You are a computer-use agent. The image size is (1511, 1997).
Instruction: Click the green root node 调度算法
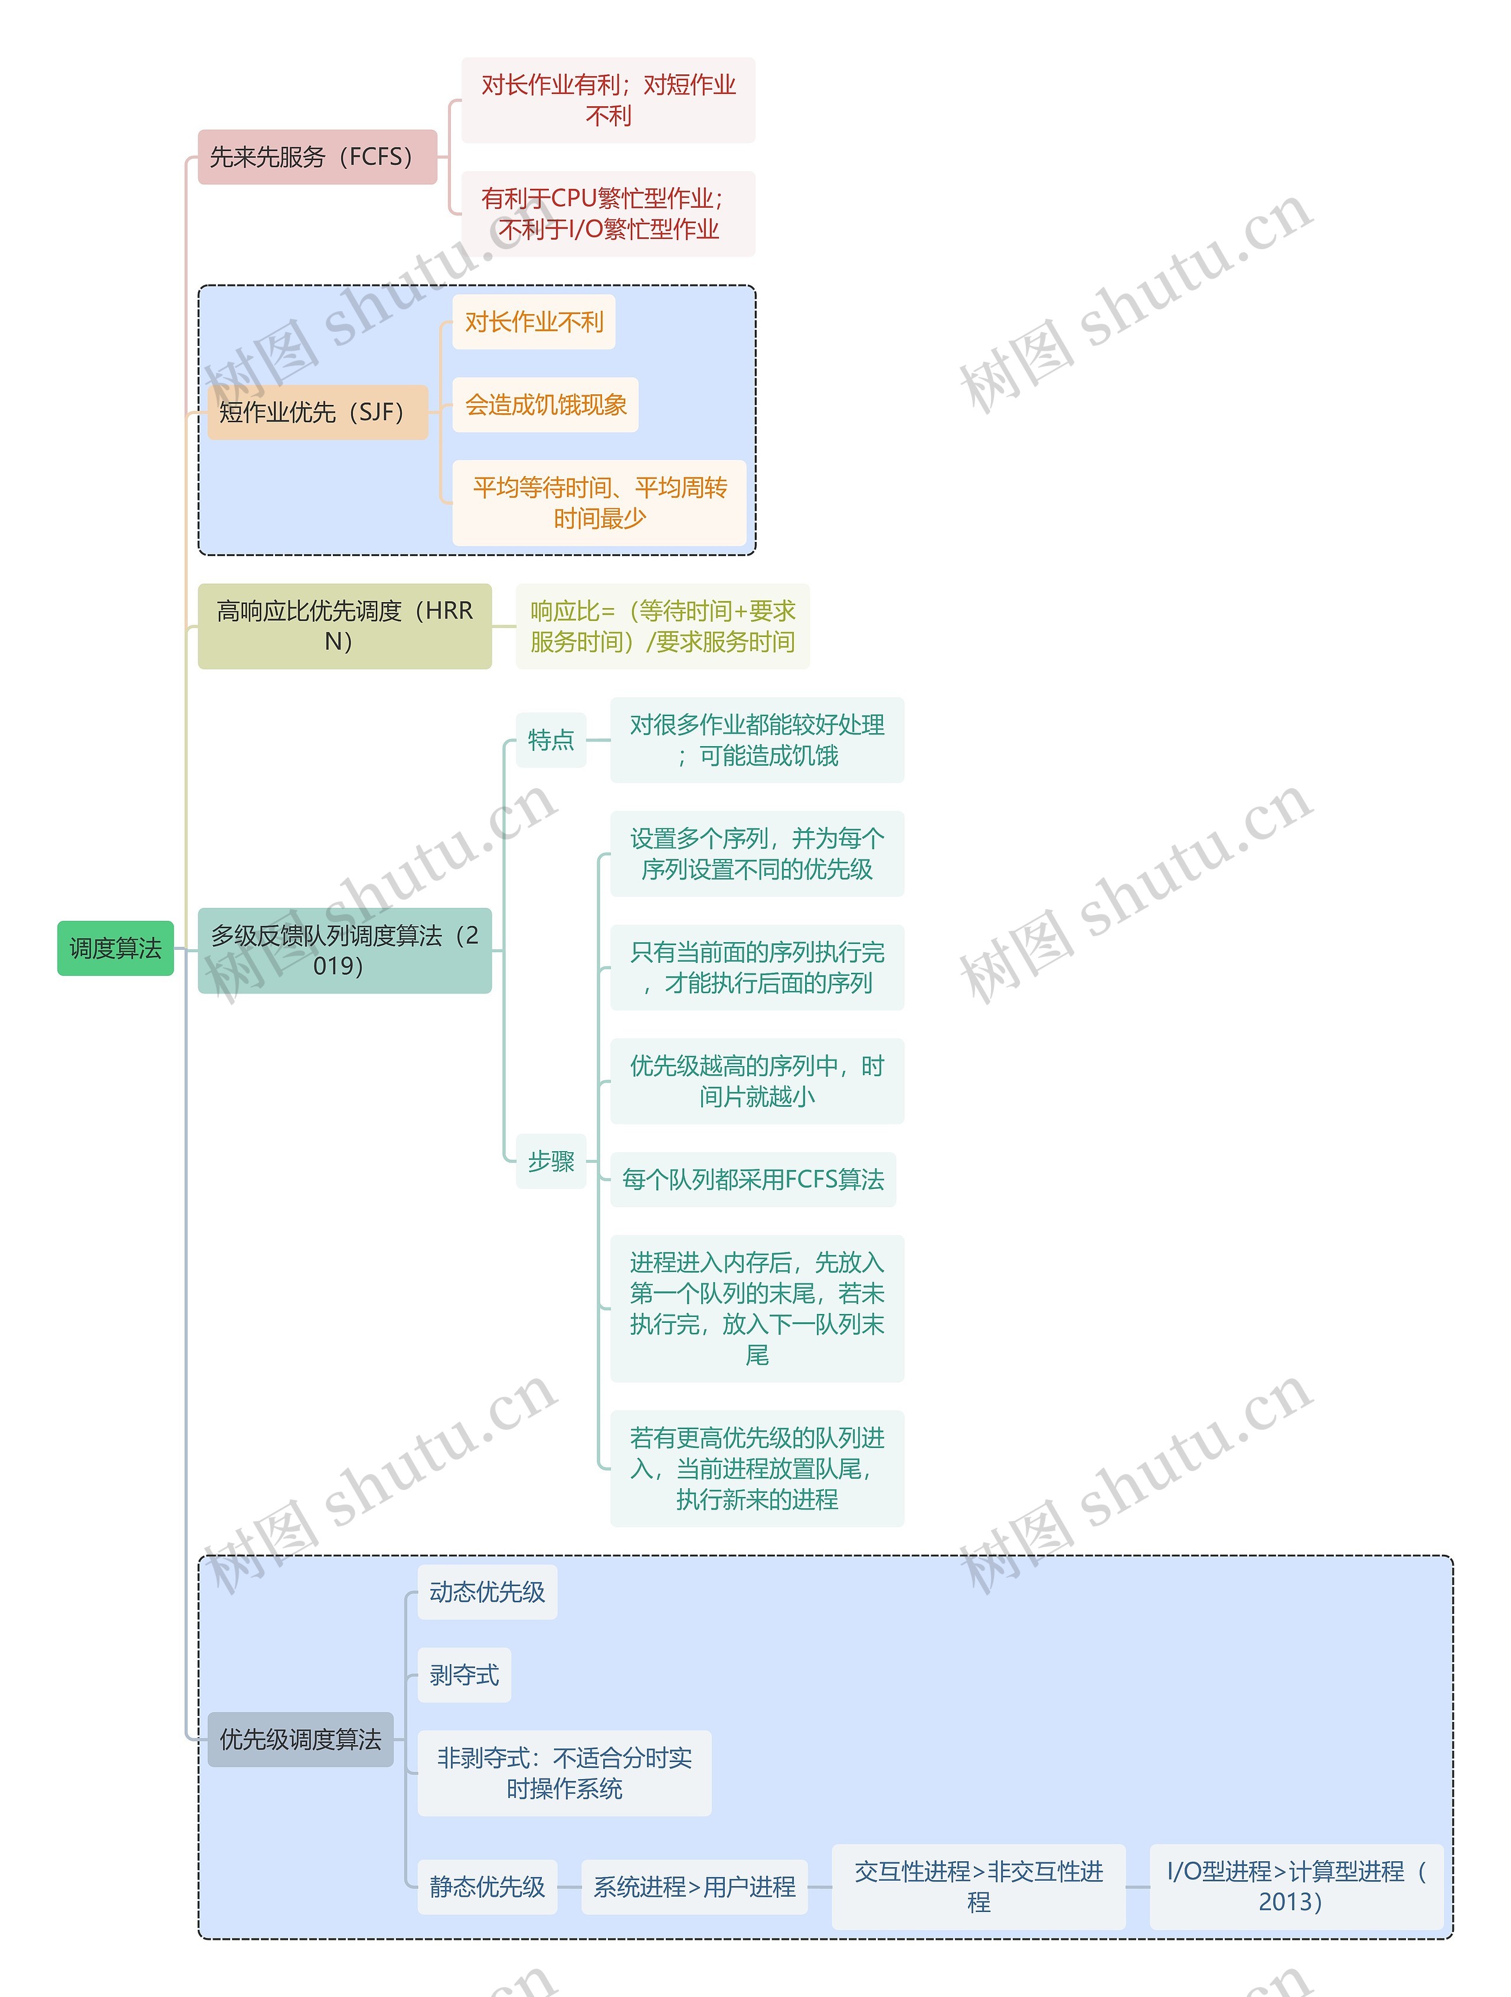(x=116, y=948)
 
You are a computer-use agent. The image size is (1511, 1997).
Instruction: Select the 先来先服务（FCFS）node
(x=317, y=157)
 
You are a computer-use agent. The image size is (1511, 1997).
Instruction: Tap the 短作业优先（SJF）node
(x=317, y=413)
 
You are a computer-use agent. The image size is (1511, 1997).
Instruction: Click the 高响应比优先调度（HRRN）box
(x=344, y=626)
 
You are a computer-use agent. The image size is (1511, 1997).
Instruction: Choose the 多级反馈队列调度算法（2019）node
(x=344, y=950)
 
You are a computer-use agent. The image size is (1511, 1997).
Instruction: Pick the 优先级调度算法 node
(x=300, y=1739)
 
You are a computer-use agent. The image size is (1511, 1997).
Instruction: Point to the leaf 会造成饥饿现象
(x=545, y=404)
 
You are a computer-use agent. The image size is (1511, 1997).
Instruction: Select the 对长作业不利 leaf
(x=534, y=322)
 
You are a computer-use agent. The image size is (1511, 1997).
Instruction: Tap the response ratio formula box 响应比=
(x=662, y=626)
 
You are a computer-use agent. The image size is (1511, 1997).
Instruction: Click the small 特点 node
(x=551, y=740)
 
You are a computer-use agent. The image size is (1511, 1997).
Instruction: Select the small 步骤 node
(x=551, y=1161)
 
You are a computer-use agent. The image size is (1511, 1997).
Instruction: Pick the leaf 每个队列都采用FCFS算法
(x=753, y=1179)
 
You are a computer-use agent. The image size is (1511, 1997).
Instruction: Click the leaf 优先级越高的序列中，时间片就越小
(x=757, y=1081)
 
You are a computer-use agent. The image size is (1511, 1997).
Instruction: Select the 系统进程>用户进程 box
(x=694, y=1886)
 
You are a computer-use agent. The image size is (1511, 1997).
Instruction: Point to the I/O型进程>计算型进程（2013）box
(x=1296, y=1886)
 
